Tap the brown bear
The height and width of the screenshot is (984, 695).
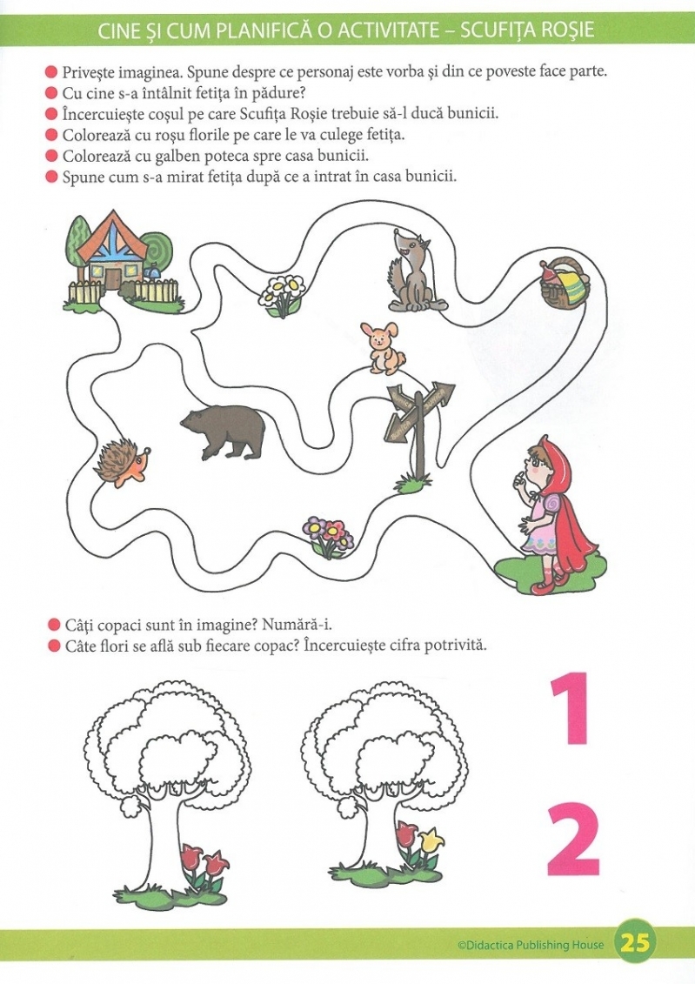click(x=224, y=430)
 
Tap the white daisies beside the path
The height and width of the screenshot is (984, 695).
click(x=282, y=294)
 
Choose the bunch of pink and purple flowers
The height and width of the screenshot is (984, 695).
click(x=327, y=537)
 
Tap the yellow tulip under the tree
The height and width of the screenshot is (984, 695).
click(x=431, y=839)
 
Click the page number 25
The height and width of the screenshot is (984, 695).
click(x=635, y=944)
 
